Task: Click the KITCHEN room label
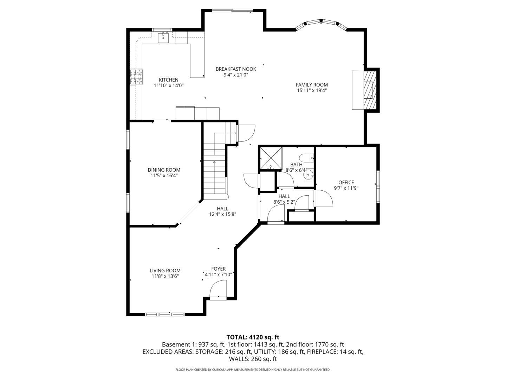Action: point(169,80)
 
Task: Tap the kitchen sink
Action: point(163,38)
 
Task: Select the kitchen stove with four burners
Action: point(136,77)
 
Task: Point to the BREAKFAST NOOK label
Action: point(236,69)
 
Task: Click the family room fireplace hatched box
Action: point(370,90)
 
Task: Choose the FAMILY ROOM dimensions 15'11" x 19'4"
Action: point(312,90)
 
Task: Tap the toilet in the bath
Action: point(306,158)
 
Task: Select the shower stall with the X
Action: point(271,159)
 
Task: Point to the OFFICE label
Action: point(346,183)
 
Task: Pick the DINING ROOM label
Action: point(164,170)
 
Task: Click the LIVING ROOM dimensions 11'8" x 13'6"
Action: point(165,276)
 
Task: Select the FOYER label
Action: point(218,269)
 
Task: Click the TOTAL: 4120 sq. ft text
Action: point(253,337)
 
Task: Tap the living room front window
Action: point(165,314)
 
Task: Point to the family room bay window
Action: point(322,25)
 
